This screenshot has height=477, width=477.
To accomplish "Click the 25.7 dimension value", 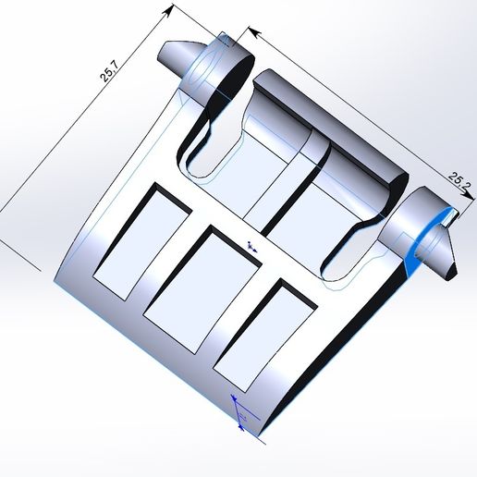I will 109,72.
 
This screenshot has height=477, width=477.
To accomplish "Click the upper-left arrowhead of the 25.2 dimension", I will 252,31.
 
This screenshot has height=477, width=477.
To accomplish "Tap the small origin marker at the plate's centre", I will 251,245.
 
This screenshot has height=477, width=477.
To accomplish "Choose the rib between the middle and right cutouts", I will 239,300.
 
